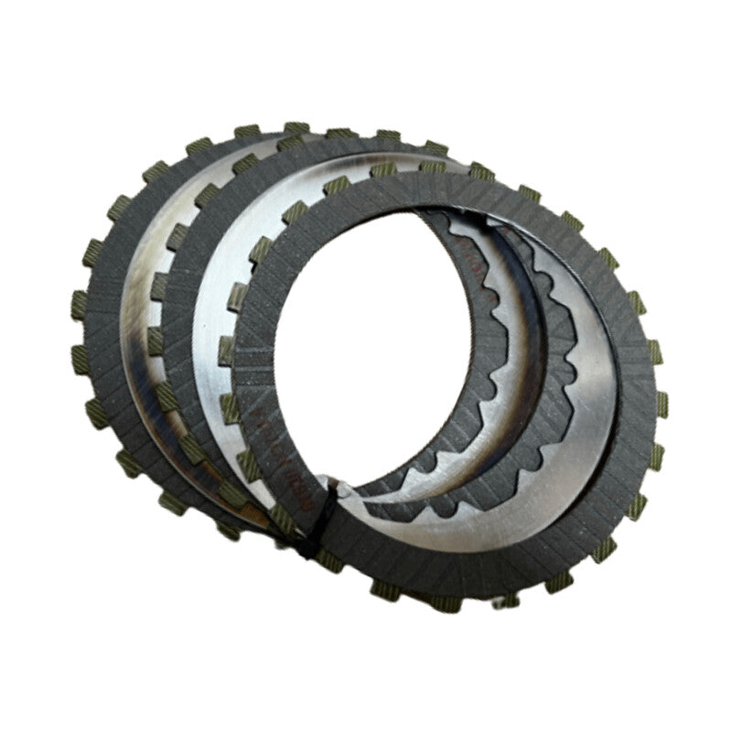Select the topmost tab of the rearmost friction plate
[296, 129]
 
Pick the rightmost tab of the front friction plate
[662, 403]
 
